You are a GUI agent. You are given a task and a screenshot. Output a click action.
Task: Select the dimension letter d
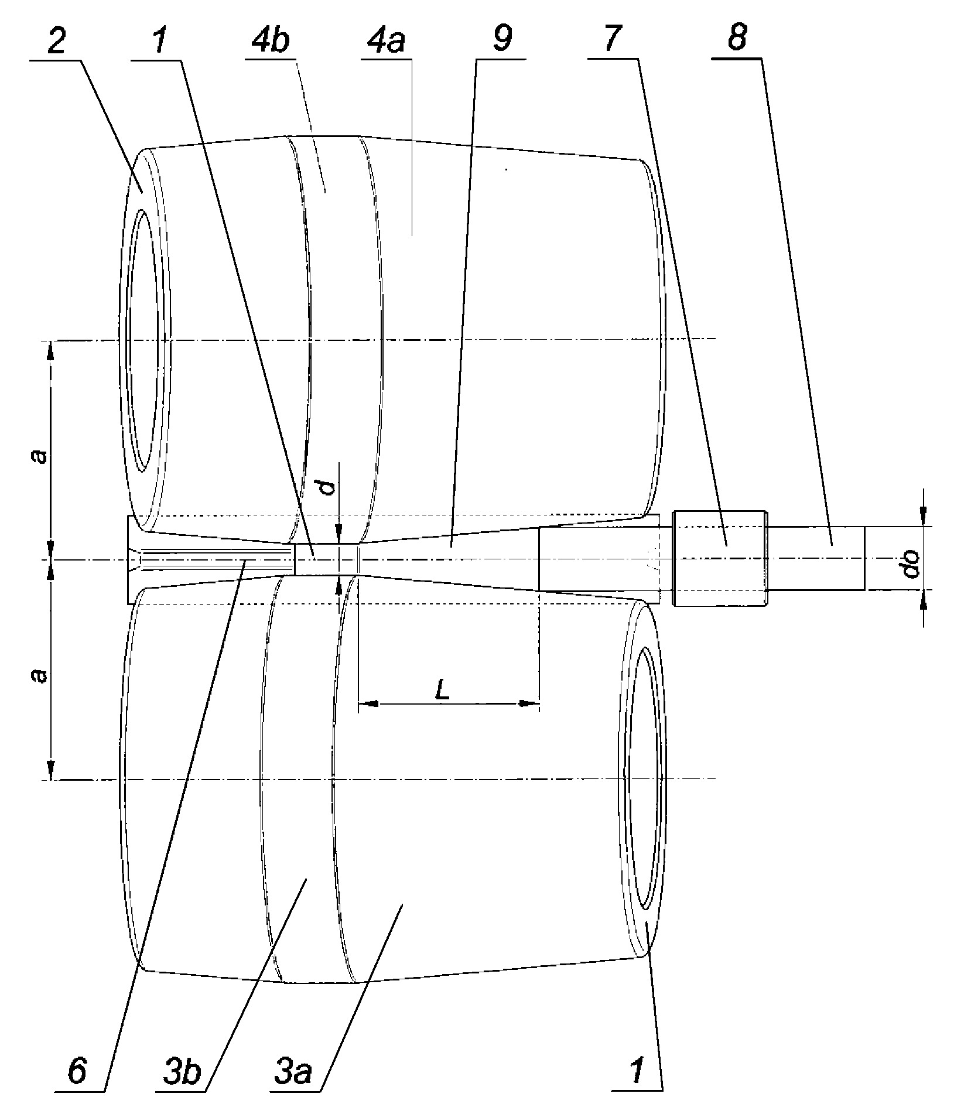coord(330,487)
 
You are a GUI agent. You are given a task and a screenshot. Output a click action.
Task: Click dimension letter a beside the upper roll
coord(40,456)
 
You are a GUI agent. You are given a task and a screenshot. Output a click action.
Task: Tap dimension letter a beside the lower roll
coord(40,675)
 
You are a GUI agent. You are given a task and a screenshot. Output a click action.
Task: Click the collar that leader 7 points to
coord(720,559)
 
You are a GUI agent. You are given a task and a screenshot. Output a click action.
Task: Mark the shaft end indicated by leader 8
coord(816,558)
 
